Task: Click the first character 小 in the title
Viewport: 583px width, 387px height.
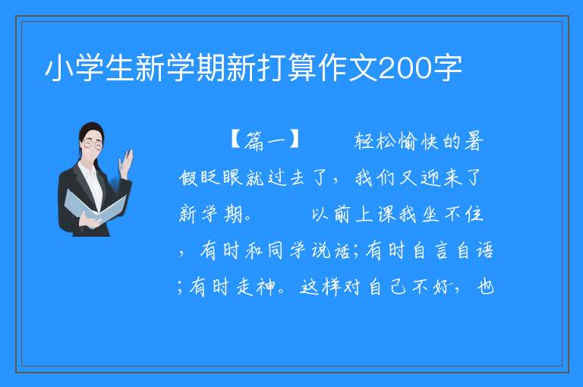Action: (59, 68)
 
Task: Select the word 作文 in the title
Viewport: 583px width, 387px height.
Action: (348, 68)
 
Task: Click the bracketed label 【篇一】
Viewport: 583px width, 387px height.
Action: (266, 140)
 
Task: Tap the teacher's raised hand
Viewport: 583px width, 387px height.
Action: (126, 163)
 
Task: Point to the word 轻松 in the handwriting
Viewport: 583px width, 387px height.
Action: (375, 141)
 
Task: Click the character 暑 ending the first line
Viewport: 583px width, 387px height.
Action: (474, 141)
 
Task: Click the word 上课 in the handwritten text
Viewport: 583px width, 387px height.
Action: (377, 214)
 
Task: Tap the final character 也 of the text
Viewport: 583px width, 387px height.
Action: (486, 287)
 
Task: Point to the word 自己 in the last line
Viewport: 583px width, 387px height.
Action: (387, 287)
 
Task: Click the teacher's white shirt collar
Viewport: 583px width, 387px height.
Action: (88, 171)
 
